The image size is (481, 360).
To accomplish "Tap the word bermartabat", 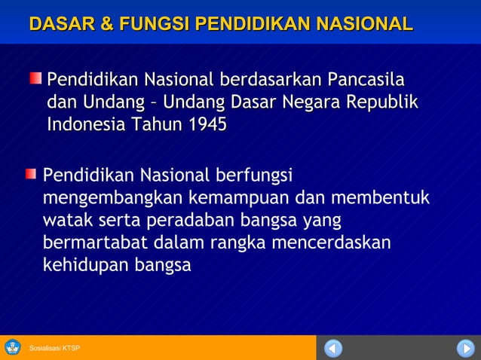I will [x=96, y=243].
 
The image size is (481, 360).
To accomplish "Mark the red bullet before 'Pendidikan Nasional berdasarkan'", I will [x=35, y=78].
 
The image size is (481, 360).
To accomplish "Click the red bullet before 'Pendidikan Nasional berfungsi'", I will [x=30, y=175].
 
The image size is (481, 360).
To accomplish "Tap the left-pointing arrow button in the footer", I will [x=333, y=348].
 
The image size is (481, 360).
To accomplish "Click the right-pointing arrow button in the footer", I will [x=465, y=348].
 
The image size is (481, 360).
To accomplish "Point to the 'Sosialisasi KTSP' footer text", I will [x=54, y=348].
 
